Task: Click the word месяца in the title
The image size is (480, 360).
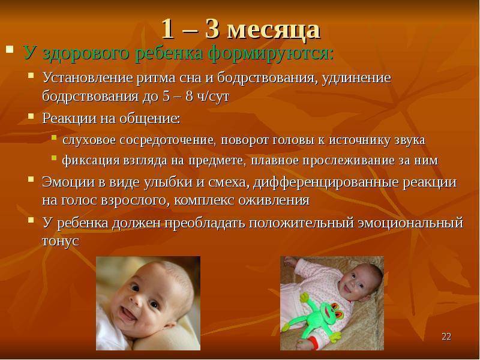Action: click(274, 30)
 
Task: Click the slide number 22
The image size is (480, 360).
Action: click(446, 337)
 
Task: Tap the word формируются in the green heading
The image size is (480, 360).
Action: click(271, 53)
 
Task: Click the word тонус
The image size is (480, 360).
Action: click(61, 241)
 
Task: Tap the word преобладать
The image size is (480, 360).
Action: click(205, 223)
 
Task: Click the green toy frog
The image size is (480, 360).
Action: click(319, 315)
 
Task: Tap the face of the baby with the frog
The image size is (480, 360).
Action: click(358, 283)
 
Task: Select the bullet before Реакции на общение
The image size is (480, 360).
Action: click(31, 116)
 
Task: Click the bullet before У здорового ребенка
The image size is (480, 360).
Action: click(10, 49)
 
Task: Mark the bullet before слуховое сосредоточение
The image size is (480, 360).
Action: click(55, 137)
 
